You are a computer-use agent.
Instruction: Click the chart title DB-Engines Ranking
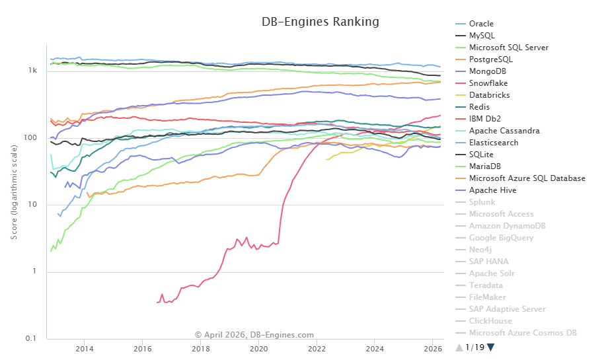coord(321,22)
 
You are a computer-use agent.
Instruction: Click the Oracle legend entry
coord(481,24)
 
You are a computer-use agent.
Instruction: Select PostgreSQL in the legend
coord(490,59)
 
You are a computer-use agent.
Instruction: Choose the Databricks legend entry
coord(490,95)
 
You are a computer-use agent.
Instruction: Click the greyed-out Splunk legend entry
coord(482,202)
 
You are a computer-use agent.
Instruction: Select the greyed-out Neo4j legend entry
coord(480,250)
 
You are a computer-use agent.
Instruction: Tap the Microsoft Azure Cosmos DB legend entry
coord(523,333)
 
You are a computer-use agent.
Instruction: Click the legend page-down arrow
coord(491,347)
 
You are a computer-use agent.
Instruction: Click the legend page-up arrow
coord(459,347)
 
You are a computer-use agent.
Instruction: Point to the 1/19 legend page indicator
coord(474,347)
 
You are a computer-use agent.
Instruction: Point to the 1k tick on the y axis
coord(33,71)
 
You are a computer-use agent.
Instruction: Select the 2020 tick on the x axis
coord(258,348)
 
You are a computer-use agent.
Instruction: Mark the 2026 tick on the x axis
coord(433,348)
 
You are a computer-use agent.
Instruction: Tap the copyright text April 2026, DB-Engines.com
coord(254,335)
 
